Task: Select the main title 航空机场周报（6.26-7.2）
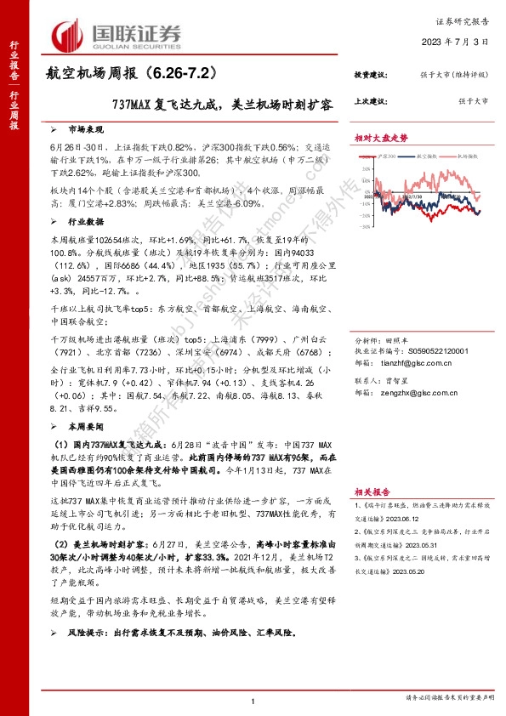click(x=126, y=75)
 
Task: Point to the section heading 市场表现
click(x=86, y=130)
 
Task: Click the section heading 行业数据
click(x=86, y=220)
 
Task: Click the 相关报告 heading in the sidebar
click(x=371, y=492)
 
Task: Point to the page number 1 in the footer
click(x=253, y=699)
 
